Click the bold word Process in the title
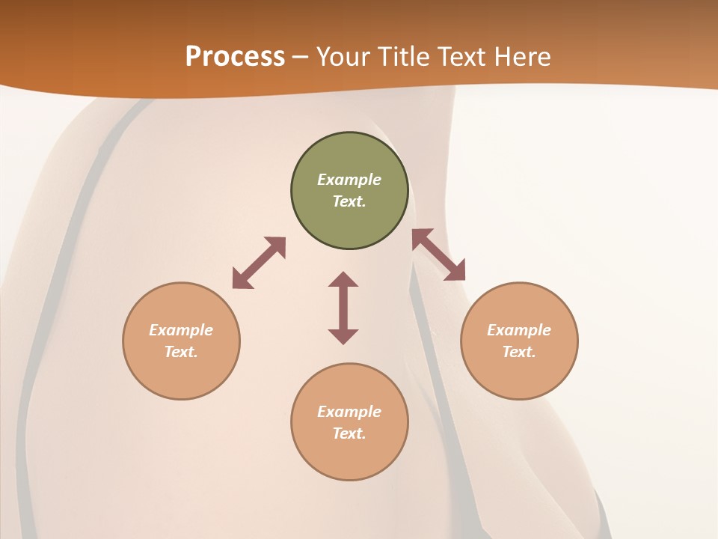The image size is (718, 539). point(235,57)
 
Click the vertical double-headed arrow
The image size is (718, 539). point(343,308)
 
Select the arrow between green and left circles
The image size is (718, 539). point(259,263)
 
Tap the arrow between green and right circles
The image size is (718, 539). point(439,255)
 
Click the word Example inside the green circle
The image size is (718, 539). point(349,180)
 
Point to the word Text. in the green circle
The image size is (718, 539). point(349,201)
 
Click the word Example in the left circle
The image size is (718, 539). point(181,330)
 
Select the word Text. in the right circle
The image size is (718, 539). point(519,352)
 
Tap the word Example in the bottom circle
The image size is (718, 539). point(349,412)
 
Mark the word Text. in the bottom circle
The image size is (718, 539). point(349,433)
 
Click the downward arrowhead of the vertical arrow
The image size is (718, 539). point(343,336)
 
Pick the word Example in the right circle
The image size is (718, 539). point(519,330)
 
